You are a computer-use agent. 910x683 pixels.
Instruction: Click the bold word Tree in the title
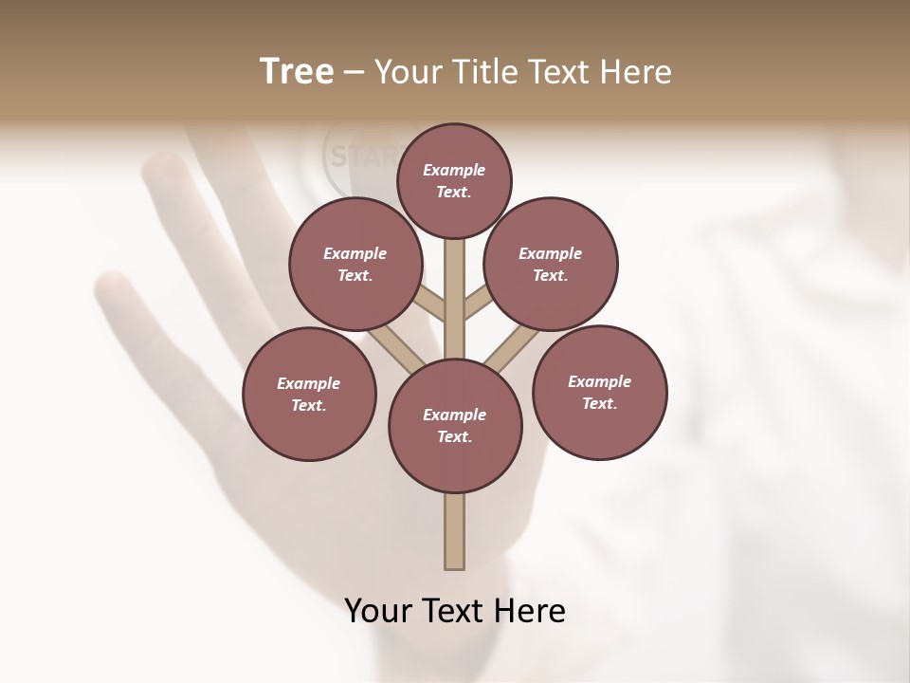point(297,72)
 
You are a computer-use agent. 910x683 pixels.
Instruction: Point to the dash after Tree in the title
point(354,73)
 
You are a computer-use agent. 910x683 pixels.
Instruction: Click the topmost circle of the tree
point(454,180)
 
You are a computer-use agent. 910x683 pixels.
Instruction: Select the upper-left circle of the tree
point(355,264)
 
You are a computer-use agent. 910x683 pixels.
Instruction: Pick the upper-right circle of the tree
point(551,264)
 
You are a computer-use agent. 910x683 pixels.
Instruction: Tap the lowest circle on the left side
point(309,394)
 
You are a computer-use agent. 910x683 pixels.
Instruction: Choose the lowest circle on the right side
point(599,392)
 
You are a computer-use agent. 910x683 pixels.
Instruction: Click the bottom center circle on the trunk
point(455,426)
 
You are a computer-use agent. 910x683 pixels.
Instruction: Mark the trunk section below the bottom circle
point(455,531)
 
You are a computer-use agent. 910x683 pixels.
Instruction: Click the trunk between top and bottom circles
point(455,299)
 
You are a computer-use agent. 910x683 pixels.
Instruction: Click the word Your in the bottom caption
point(378,610)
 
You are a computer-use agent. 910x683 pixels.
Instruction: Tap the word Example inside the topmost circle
point(454,170)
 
